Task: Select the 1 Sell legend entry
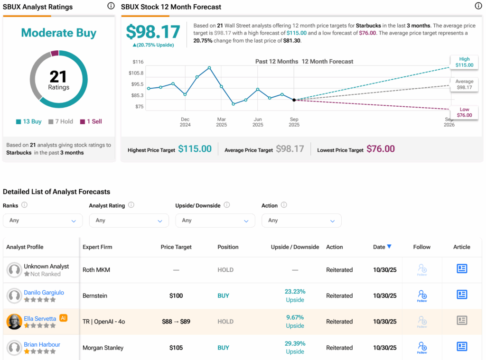click(x=91, y=121)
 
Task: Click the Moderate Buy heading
click(x=59, y=33)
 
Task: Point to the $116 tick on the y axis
click(x=138, y=62)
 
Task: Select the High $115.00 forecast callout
click(x=464, y=62)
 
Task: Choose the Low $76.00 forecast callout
click(x=464, y=112)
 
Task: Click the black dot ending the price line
click(x=294, y=100)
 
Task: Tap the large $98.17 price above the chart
click(x=153, y=32)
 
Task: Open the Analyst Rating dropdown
click(x=129, y=221)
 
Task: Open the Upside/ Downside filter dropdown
click(x=215, y=221)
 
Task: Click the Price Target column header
click(x=176, y=247)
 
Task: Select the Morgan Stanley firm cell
click(x=103, y=348)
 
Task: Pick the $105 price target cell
click(x=176, y=348)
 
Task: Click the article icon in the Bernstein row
click(x=462, y=295)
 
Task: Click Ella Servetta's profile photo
click(x=14, y=322)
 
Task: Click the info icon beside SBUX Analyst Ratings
click(x=111, y=6)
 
